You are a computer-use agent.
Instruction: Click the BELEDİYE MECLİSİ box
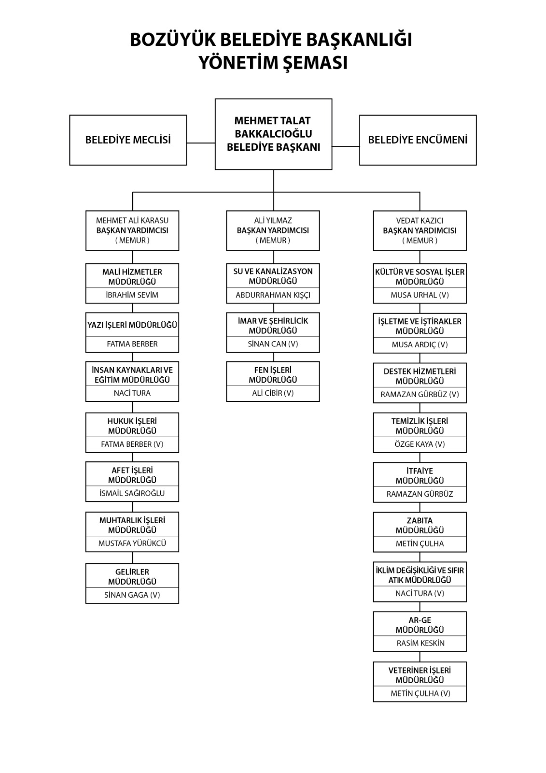point(128,140)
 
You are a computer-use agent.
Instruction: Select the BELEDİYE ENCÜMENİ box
point(418,140)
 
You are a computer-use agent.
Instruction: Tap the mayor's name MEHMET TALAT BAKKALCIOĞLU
point(273,127)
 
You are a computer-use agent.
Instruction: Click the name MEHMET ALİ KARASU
point(132,220)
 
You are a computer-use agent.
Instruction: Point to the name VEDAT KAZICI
point(420,220)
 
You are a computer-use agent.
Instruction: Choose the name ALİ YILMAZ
point(273,220)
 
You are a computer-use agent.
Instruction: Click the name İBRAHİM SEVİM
point(132,295)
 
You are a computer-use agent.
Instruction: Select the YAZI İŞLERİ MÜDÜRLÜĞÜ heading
point(132,326)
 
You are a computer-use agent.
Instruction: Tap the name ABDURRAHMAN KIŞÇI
point(273,295)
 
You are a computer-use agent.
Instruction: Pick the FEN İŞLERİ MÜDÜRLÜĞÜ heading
point(273,375)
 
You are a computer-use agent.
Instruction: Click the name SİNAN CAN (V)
point(273,344)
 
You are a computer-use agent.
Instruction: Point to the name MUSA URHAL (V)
point(420,295)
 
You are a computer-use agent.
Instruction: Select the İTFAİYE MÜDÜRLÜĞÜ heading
point(420,476)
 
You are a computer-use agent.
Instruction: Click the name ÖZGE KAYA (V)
point(420,444)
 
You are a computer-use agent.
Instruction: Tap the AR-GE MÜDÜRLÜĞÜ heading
point(420,625)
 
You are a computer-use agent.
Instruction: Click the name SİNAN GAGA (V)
point(132,595)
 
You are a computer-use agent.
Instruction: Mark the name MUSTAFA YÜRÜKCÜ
point(132,543)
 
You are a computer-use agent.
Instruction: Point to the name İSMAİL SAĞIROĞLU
point(132,493)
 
